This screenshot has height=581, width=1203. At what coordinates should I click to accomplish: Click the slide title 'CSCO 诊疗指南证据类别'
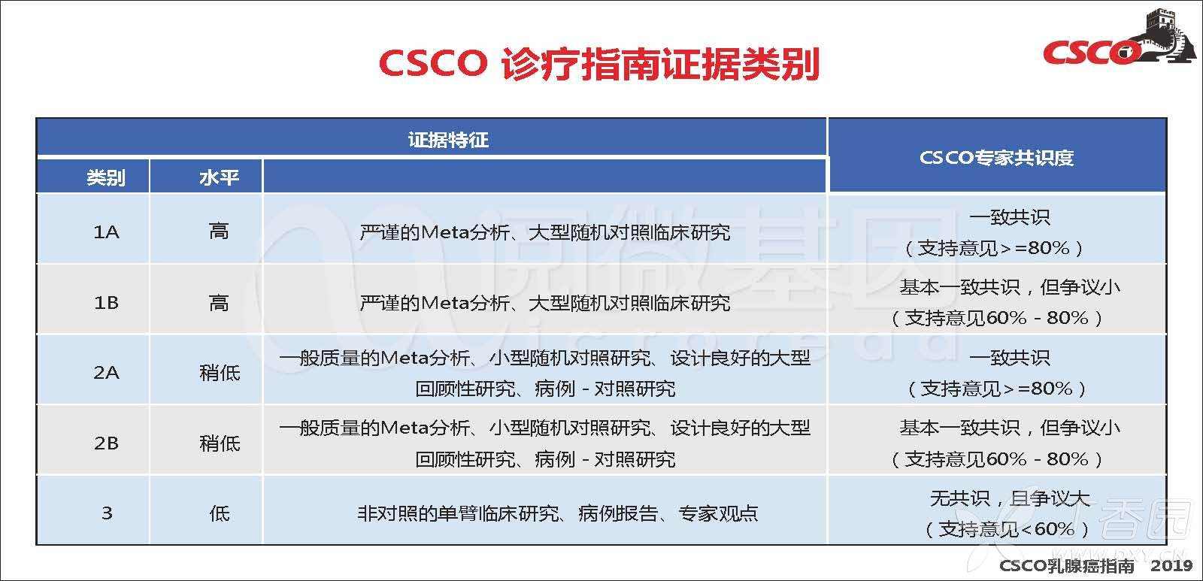coord(598,64)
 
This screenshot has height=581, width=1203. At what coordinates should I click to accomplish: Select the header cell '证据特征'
coord(448,140)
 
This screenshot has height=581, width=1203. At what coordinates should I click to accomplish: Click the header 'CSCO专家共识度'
coord(996,157)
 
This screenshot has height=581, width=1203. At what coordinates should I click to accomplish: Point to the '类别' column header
coord(106,177)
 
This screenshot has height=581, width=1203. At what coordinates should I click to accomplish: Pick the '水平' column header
coord(219,177)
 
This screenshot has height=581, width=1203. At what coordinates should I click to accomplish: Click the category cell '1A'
coord(106,232)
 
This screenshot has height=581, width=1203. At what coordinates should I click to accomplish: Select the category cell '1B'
coord(106,303)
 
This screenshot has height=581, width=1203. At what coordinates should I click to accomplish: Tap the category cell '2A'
coord(106,373)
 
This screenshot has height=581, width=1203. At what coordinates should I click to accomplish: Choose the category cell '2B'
coord(106,443)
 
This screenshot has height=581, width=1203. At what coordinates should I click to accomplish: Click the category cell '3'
coord(107,513)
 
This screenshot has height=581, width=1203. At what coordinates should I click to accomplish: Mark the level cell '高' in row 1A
coord(219,232)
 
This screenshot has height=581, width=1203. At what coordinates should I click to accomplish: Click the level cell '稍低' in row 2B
coord(219,443)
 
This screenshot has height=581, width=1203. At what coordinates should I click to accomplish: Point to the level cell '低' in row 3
coord(219,513)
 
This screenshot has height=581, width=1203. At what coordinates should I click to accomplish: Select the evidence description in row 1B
coord(545,304)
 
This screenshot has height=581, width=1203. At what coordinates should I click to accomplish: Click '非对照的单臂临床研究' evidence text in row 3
coord(458,514)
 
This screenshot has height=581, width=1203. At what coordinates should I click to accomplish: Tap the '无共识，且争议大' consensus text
coord(1010,498)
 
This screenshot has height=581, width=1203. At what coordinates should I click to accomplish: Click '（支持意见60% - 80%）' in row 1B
coord(997,318)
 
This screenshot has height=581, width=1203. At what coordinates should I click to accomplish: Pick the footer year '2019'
coord(1171,565)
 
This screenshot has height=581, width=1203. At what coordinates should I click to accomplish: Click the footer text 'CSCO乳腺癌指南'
coord(1067,565)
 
